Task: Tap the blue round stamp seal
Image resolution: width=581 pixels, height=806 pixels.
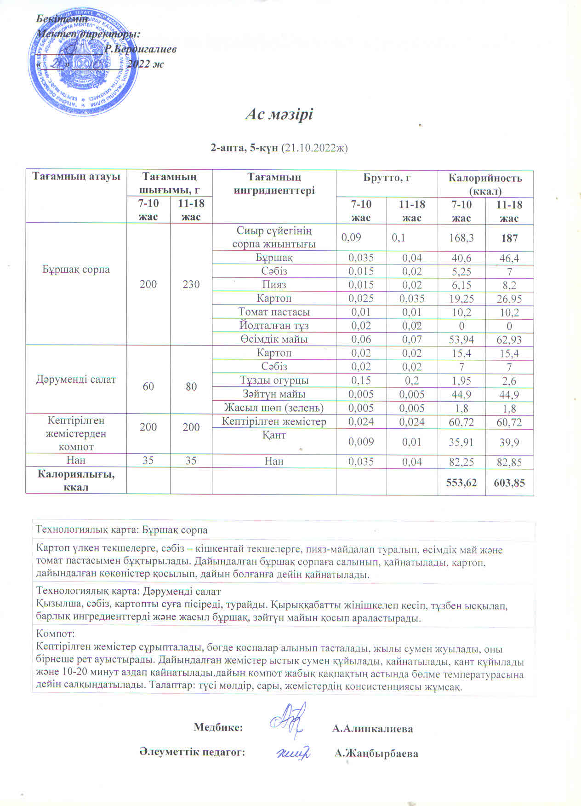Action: [84, 63]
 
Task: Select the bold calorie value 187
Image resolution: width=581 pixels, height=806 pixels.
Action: [509, 238]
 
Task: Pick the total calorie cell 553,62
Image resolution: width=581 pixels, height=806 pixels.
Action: [461, 483]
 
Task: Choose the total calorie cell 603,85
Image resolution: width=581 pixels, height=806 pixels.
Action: [509, 483]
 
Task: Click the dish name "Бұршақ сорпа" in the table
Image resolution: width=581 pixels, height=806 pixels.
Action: [76, 269]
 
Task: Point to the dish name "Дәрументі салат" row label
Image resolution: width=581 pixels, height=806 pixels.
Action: [76, 380]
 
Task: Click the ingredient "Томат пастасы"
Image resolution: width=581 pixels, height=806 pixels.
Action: [274, 312]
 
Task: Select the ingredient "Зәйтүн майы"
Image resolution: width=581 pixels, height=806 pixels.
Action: [274, 394]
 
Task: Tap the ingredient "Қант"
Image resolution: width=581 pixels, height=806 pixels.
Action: [274, 435]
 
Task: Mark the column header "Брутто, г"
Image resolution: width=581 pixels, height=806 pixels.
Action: [387, 178]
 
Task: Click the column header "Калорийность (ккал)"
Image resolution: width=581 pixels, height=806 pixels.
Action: [485, 184]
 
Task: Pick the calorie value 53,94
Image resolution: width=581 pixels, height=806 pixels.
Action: [461, 340]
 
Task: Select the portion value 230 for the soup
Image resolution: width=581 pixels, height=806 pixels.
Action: [191, 284]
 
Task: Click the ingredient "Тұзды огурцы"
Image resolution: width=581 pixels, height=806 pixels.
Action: [274, 380]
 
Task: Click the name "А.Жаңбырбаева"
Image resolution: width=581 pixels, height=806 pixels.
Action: [376, 754]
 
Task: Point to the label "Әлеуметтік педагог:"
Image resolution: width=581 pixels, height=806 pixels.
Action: [192, 752]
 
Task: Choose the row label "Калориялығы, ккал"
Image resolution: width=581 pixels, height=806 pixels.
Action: [76, 480]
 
